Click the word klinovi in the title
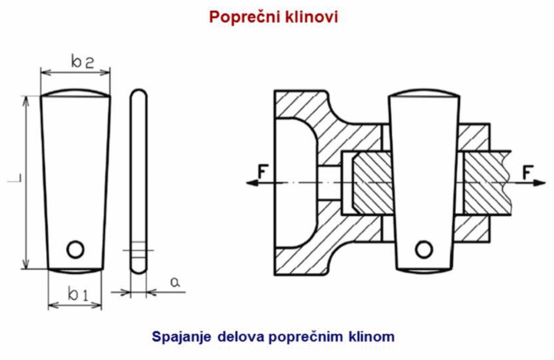coord(312,17)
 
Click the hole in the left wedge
coord(75,249)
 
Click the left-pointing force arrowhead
coord(250,183)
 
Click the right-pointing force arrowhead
coord(540,183)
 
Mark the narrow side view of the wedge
coord(138,181)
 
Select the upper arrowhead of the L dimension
coord(25,100)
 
